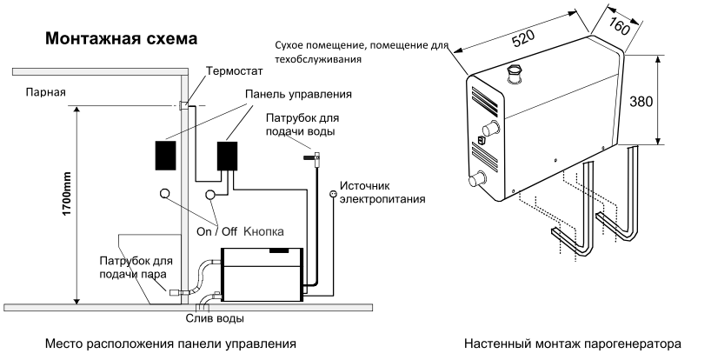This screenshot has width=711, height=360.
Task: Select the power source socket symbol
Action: click(x=331, y=192)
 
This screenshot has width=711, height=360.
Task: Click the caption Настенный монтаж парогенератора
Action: click(x=575, y=343)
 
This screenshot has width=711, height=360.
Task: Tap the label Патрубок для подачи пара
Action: click(x=135, y=267)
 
